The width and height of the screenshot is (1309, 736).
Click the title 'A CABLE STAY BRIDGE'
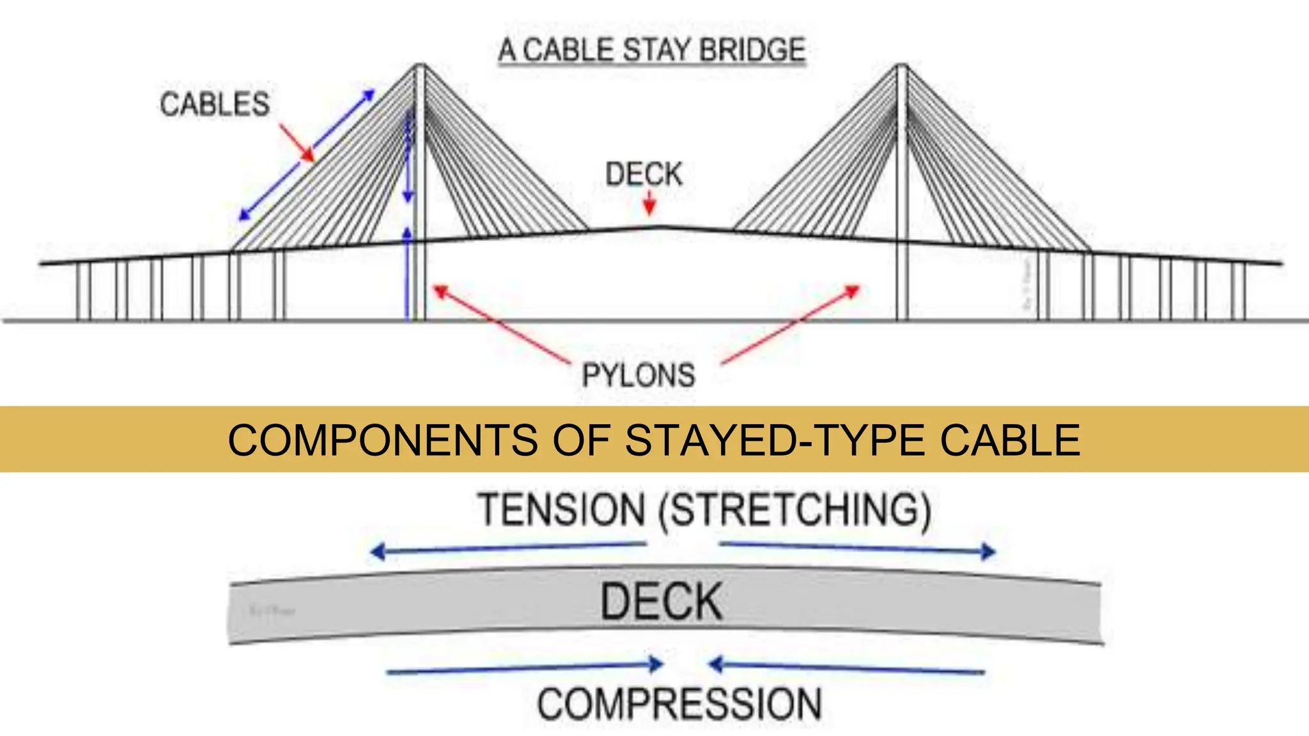[x=652, y=50]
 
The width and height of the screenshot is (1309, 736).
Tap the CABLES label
[x=215, y=104]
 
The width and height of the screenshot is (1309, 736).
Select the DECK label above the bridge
[x=644, y=174]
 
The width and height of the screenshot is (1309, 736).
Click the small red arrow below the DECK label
[x=649, y=205]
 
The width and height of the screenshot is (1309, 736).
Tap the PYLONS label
[x=639, y=375]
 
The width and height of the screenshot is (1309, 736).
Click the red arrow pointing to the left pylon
[x=499, y=324]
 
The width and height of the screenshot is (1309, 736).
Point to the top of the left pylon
[x=419, y=65]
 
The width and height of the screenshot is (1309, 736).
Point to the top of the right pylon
[x=902, y=65]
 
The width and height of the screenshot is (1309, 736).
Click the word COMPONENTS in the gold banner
[x=383, y=440]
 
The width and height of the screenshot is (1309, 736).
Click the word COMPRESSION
[x=679, y=704]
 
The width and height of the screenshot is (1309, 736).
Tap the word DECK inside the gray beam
[x=661, y=602]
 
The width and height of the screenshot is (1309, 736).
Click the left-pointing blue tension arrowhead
[x=377, y=551]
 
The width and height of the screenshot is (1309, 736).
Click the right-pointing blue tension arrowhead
[x=989, y=551]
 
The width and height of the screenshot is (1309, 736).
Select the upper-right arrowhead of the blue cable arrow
[x=369, y=95]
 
